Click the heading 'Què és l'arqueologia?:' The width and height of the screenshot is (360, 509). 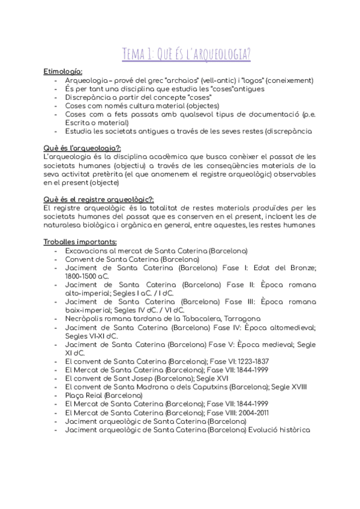click(x=82, y=148)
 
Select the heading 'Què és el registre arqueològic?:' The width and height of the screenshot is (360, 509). click(x=98, y=199)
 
